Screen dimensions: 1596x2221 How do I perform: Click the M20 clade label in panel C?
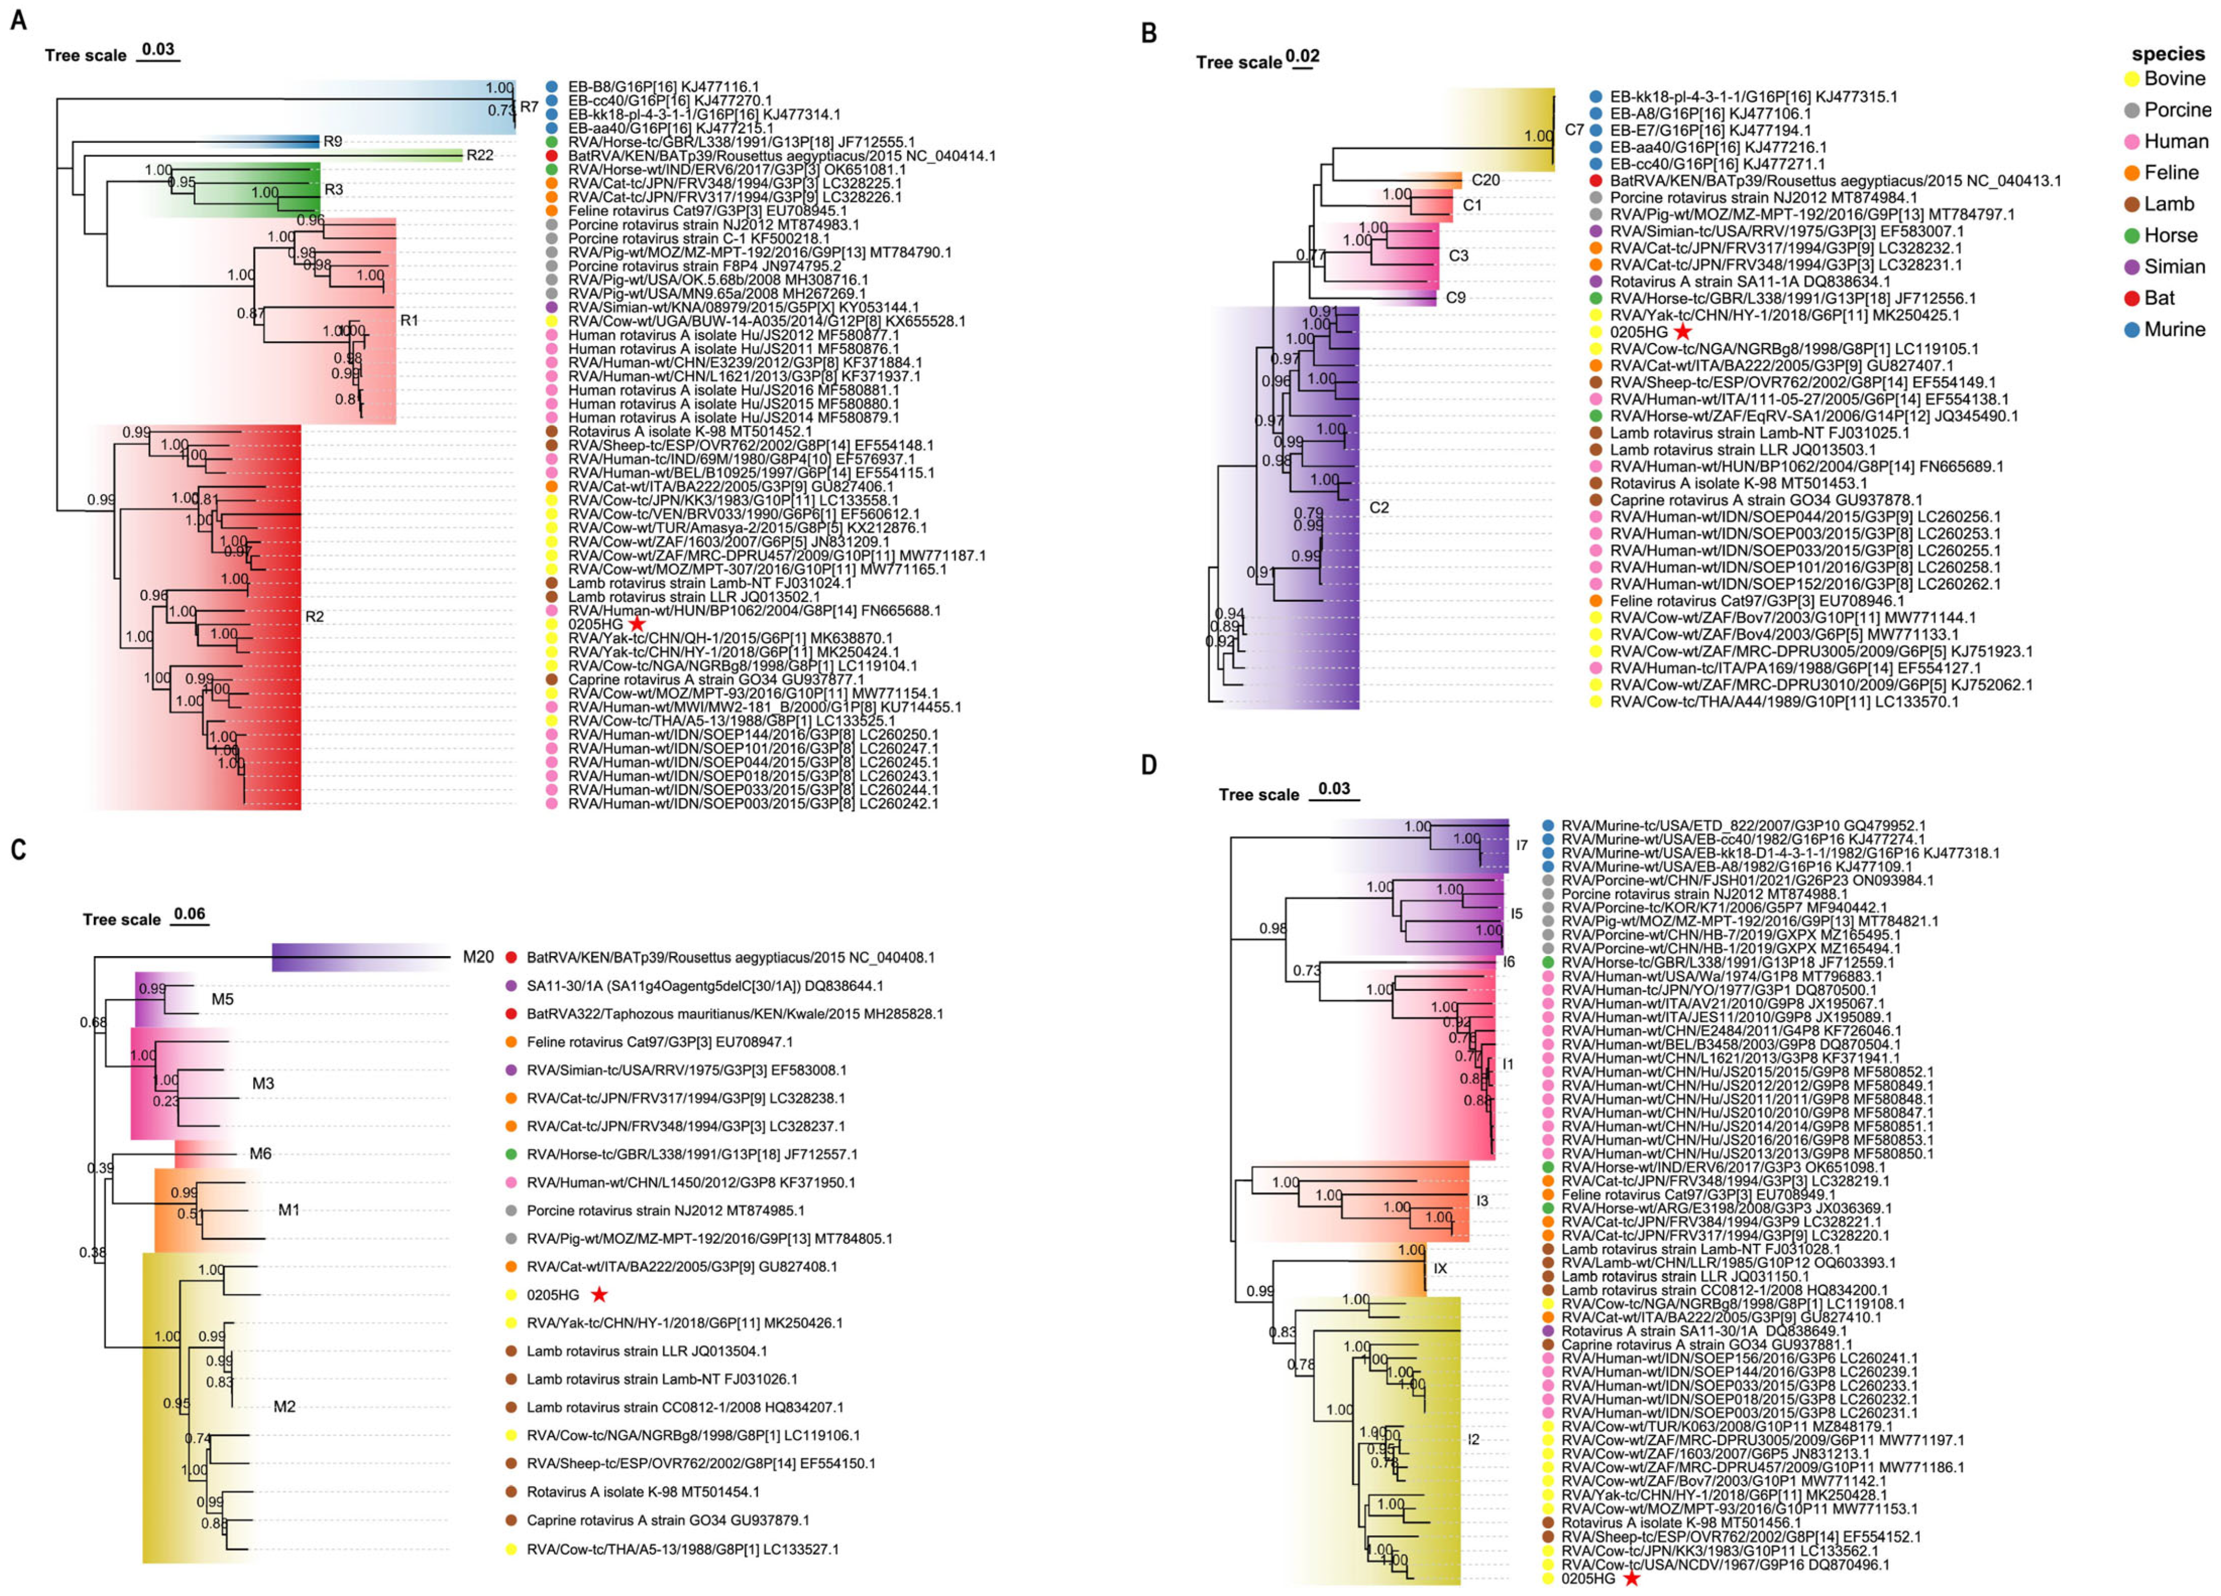(478, 957)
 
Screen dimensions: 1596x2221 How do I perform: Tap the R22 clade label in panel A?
(480, 154)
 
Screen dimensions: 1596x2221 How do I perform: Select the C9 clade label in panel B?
(1455, 297)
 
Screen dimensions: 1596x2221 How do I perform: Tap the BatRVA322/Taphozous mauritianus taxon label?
(735, 1013)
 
